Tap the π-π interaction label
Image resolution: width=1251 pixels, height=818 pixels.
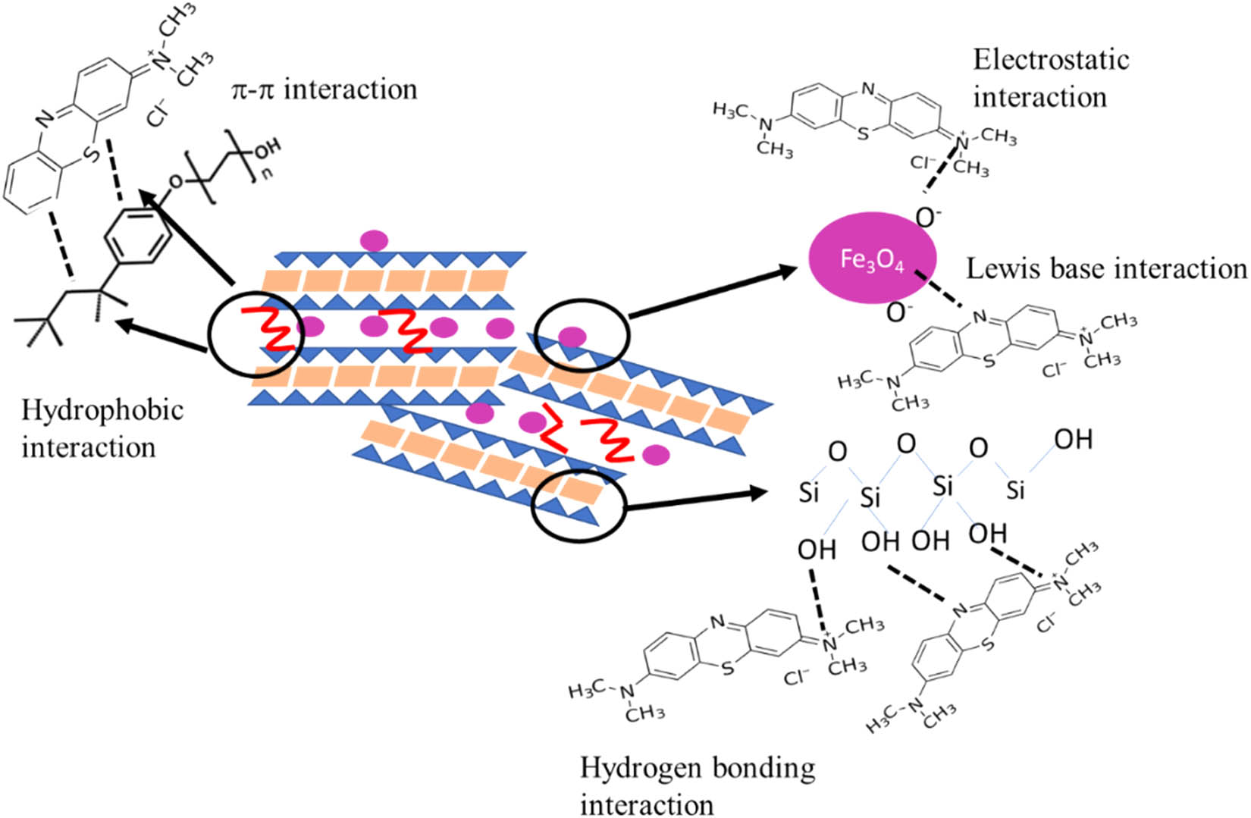(325, 89)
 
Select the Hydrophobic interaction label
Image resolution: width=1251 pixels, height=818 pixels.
(102, 428)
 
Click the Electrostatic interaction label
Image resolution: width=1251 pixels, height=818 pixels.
(1051, 78)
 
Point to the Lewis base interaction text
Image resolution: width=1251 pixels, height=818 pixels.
(1106, 268)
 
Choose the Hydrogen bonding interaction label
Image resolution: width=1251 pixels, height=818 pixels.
(698, 785)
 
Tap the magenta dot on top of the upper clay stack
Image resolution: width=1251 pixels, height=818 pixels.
(373, 241)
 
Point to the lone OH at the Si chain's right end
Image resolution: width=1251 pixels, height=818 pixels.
(1073, 439)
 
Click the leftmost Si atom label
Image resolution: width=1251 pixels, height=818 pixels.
(809, 494)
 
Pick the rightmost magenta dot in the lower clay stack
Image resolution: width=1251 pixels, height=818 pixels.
(655, 455)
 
